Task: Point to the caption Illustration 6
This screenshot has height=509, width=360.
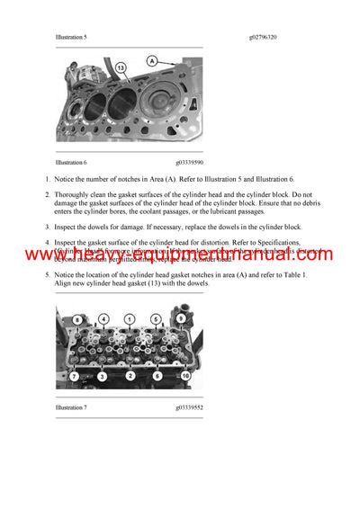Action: click(70, 162)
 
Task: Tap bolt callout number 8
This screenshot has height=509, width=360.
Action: click(78, 319)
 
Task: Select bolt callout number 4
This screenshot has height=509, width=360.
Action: click(103, 318)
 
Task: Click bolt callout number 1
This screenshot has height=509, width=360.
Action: click(130, 318)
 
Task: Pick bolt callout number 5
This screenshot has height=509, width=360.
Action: click(156, 318)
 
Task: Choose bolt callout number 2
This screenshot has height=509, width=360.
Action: click(130, 375)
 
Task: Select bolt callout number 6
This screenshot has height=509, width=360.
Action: click(156, 375)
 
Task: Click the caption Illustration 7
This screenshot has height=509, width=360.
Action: click(70, 407)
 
